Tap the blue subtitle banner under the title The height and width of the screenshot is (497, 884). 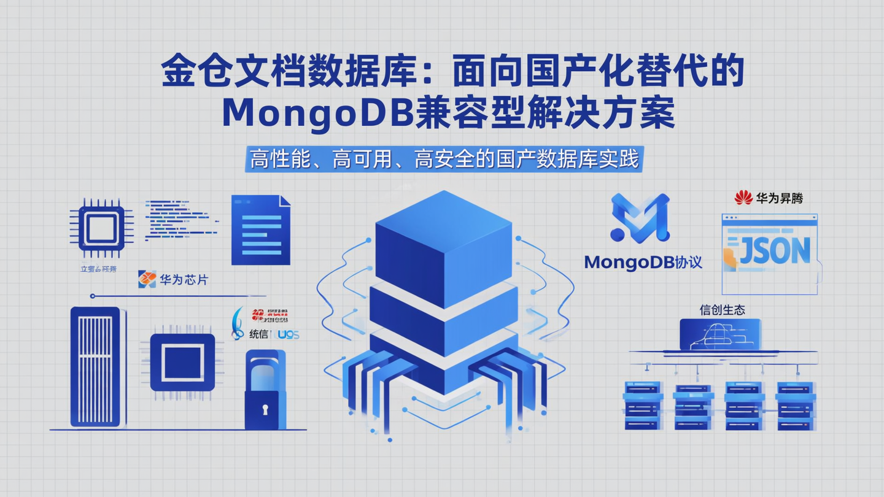click(x=444, y=160)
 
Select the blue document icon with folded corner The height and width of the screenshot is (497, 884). click(x=260, y=230)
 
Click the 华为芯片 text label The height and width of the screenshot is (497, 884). click(x=184, y=280)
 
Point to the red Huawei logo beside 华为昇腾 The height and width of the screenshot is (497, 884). click(x=743, y=198)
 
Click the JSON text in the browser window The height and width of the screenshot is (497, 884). click(x=775, y=250)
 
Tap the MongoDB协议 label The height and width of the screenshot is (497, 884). click(x=643, y=263)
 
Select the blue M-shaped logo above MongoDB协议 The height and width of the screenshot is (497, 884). click(x=640, y=218)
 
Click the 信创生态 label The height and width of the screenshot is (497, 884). click(x=722, y=310)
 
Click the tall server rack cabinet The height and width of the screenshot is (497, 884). click(x=95, y=366)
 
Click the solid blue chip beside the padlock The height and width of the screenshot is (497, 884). click(x=182, y=362)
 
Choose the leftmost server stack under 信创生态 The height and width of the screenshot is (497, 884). click(x=642, y=405)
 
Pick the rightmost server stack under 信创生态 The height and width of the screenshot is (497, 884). click(x=796, y=405)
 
